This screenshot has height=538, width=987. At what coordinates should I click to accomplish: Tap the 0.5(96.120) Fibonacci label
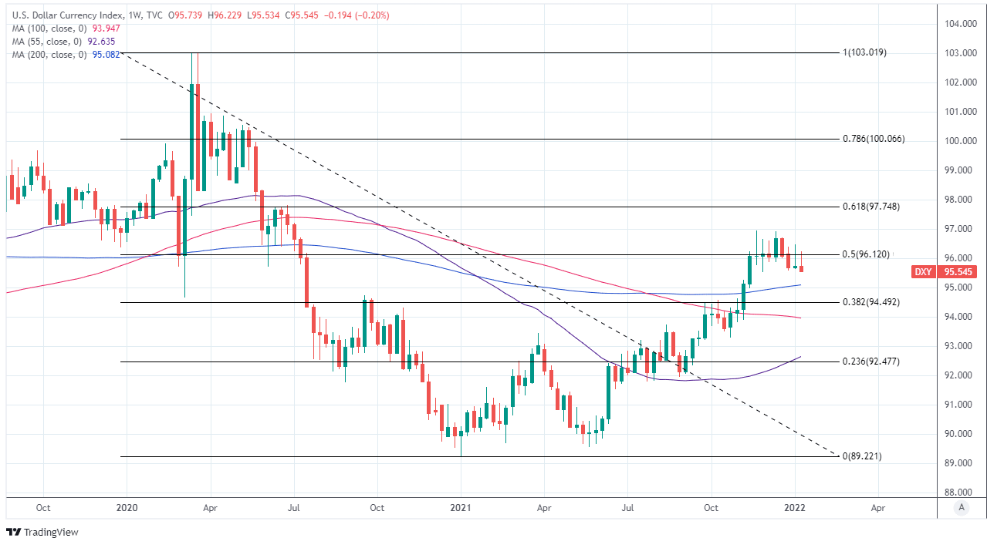click(866, 254)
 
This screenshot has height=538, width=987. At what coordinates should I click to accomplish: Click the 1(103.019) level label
click(864, 52)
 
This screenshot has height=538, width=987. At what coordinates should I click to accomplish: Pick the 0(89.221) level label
click(861, 456)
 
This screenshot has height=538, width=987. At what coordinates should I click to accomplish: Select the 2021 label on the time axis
click(461, 508)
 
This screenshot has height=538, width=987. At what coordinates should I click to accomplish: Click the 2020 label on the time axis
click(127, 508)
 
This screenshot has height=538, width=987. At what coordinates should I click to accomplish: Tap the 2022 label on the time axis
click(795, 508)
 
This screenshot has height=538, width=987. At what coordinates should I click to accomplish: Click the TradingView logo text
click(50, 532)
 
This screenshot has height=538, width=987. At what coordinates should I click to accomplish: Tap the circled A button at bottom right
click(961, 507)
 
